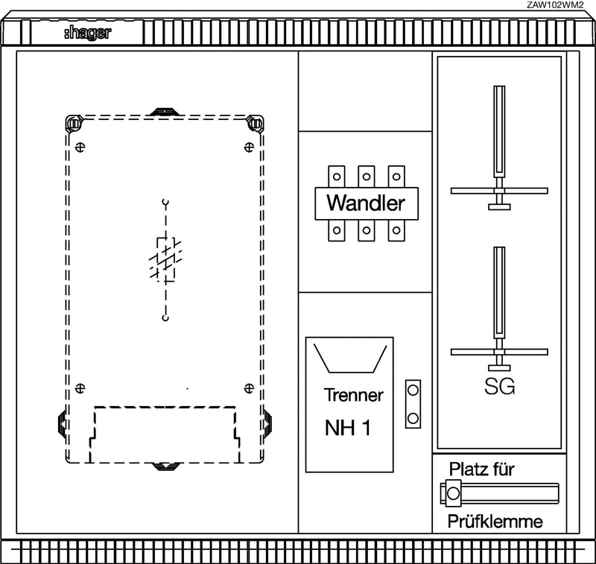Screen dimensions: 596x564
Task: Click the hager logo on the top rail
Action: pyautogui.click(x=87, y=33)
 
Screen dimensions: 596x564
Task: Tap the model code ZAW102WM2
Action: pyautogui.click(x=555, y=5)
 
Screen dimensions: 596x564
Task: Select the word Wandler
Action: pyautogui.click(x=366, y=203)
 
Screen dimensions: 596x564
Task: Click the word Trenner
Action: pyautogui.click(x=353, y=395)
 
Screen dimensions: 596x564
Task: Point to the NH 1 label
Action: pyautogui.click(x=347, y=428)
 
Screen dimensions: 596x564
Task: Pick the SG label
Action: pyautogui.click(x=499, y=386)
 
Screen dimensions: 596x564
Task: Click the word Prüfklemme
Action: pyautogui.click(x=495, y=522)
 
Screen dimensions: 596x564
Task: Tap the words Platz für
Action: pyautogui.click(x=481, y=469)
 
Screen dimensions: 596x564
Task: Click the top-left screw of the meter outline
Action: pyautogui.click(x=80, y=147)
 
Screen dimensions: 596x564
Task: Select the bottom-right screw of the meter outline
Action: pyautogui.click(x=249, y=388)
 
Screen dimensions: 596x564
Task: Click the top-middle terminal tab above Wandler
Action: pyautogui.click(x=367, y=177)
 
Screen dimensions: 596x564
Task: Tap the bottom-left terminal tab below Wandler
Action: pyautogui.click(x=337, y=230)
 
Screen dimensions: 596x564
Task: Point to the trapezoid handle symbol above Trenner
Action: pyautogui.click(x=350, y=359)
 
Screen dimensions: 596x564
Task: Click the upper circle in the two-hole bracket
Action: pyautogui.click(x=413, y=390)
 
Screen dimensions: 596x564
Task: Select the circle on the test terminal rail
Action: pyautogui.click(x=453, y=493)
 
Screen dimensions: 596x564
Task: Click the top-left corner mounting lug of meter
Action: pyautogui.click(x=74, y=123)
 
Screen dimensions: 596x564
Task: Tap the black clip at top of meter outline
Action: pyautogui.click(x=164, y=112)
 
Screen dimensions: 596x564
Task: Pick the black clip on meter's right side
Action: pyautogui.click(x=267, y=423)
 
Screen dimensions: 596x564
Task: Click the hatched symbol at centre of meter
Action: pyautogui.click(x=165, y=259)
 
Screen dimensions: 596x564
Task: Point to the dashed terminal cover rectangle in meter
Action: pyautogui.click(x=165, y=435)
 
